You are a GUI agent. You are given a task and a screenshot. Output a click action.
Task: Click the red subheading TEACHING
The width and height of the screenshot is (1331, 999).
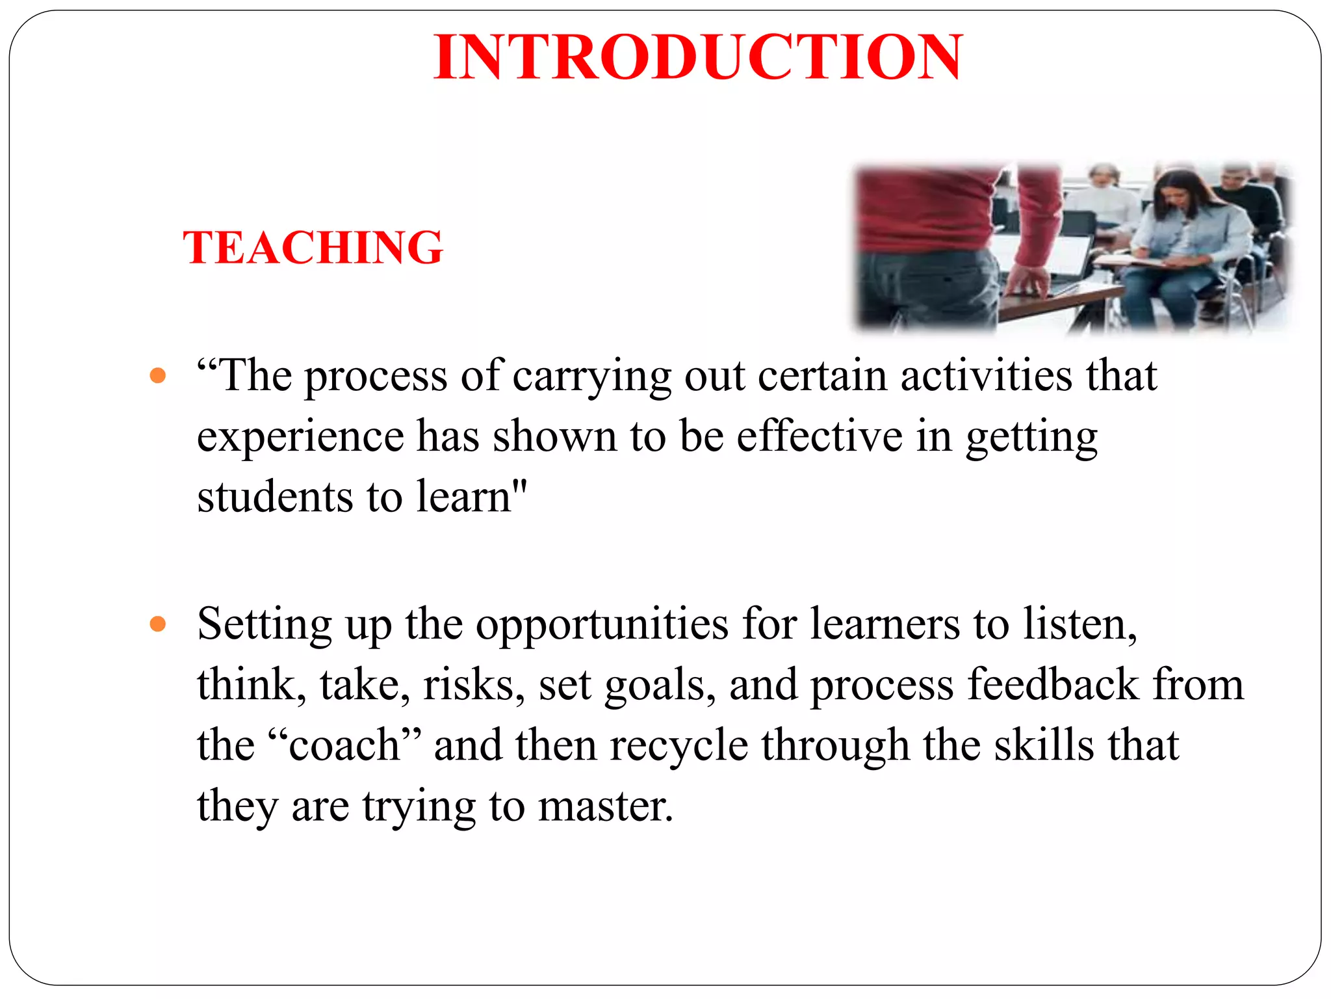pyautogui.click(x=313, y=248)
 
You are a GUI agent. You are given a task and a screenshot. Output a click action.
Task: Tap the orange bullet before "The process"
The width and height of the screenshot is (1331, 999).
pyautogui.click(x=157, y=375)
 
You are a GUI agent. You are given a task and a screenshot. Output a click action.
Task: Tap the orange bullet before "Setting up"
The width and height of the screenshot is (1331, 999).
pyautogui.click(x=157, y=624)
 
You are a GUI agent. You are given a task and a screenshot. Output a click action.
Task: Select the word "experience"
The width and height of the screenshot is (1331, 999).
pyautogui.click(x=300, y=437)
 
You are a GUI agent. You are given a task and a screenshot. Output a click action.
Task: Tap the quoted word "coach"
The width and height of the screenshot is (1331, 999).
pyautogui.click(x=344, y=745)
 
